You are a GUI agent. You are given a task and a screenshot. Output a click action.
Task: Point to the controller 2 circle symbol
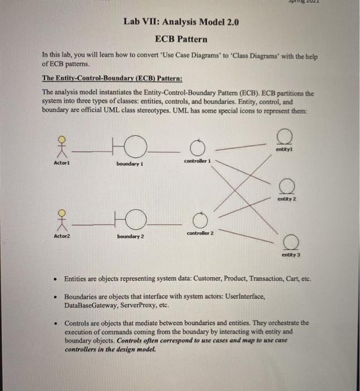click(x=201, y=220)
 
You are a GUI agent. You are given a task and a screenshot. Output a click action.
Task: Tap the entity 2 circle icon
click(x=287, y=185)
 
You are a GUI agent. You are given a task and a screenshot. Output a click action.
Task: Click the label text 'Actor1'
click(x=61, y=163)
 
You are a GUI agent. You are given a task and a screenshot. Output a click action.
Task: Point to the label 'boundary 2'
click(x=131, y=237)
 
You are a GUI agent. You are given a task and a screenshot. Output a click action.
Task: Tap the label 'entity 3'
click(x=291, y=254)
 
